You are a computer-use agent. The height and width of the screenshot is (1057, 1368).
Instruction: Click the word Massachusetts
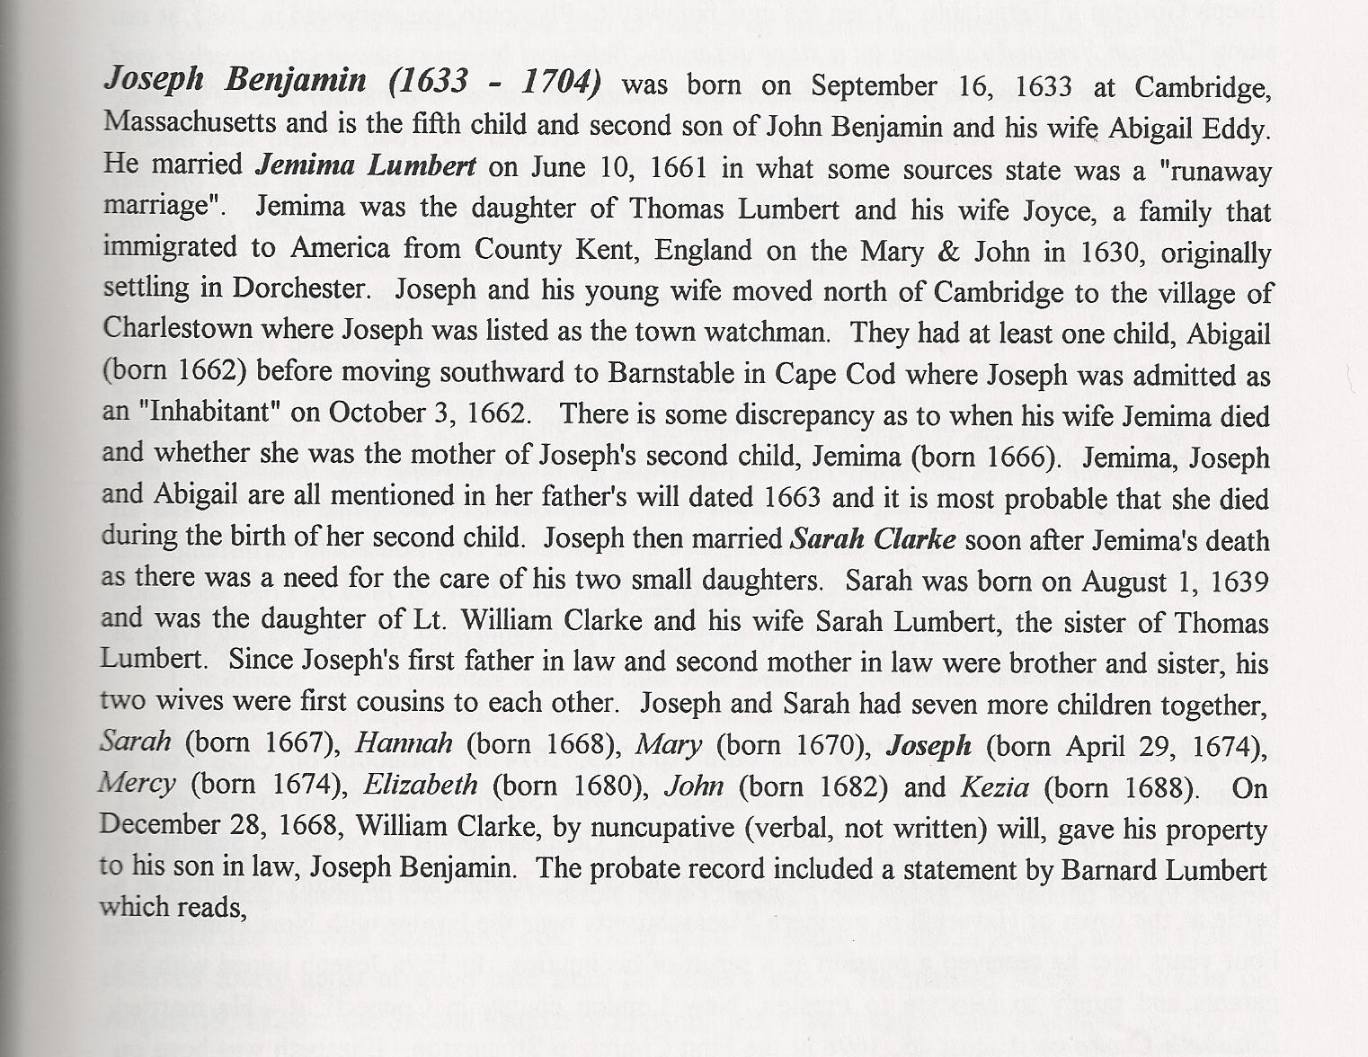[x=189, y=122]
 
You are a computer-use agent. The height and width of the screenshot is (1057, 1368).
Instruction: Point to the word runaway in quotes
[x=1220, y=171]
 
